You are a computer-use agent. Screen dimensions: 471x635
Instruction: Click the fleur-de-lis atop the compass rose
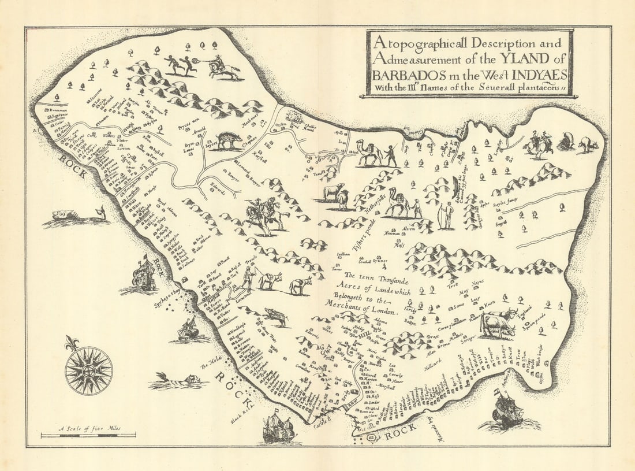pos(72,343)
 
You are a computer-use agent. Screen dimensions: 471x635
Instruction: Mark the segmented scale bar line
pos(88,435)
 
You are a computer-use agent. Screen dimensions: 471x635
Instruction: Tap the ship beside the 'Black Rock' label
pos(279,428)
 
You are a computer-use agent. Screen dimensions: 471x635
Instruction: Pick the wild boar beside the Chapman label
pos(229,140)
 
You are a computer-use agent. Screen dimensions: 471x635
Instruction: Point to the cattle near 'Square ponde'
pos(498,324)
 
